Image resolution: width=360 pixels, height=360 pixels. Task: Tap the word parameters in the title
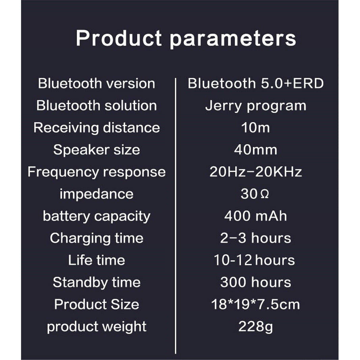click(233, 39)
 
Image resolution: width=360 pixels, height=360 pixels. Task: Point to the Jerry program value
click(256, 106)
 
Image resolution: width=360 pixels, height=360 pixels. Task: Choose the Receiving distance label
click(96, 127)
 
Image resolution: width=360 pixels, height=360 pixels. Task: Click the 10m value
click(255, 128)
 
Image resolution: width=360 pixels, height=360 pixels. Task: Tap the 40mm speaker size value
click(256, 150)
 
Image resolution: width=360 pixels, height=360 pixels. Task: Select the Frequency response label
click(96, 172)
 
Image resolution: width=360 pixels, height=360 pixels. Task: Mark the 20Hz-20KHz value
click(256, 172)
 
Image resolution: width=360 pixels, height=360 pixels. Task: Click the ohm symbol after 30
click(265, 194)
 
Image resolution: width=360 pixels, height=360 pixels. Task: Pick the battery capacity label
click(96, 216)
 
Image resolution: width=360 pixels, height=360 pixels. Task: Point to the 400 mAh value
click(256, 216)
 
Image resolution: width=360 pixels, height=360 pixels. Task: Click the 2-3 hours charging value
click(256, 238)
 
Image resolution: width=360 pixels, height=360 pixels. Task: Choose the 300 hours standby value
click(256, 282)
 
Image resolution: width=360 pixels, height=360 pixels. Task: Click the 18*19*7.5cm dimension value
click(256, 304)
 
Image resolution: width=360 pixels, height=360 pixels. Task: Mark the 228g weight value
click(256, 327)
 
